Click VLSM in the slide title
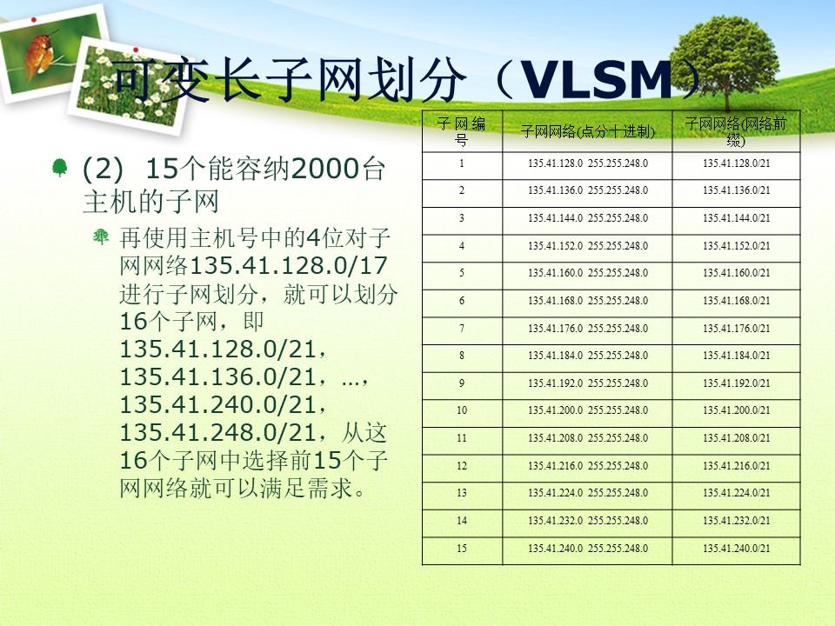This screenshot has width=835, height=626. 597,80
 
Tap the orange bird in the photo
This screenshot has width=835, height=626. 40,53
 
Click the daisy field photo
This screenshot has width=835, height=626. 130,85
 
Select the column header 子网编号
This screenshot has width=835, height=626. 462,131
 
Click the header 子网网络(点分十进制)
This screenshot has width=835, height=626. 587,131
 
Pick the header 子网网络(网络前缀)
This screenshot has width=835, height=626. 736,131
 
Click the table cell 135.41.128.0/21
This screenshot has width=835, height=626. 736,163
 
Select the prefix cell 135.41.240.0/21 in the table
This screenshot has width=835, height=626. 736,549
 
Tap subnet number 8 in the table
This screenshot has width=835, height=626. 462,356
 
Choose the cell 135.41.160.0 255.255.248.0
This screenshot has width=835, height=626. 588,273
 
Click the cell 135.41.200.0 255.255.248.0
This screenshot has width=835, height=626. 588,410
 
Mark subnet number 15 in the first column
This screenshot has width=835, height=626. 462,549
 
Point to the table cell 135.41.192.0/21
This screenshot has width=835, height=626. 736,383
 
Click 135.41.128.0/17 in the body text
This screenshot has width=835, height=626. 288,266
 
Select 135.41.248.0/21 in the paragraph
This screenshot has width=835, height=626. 218,432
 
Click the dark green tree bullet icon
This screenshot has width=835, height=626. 60,167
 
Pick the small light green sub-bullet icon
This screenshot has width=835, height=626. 101,236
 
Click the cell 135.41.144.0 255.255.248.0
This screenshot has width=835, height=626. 588,218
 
